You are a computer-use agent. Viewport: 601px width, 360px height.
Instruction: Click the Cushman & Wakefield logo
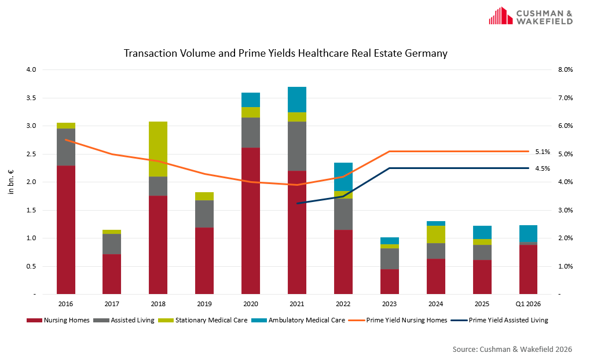click(530, 16)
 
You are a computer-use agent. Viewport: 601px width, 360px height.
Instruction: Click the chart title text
click(285, 53)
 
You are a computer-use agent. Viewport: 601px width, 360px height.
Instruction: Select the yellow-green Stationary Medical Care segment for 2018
click(158, 149)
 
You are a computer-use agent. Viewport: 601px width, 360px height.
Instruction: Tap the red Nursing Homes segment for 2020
click(251, 220)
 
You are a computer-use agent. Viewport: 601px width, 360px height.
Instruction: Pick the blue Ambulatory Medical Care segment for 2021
click(297, 100)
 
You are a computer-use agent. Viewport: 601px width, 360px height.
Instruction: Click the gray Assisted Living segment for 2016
click(65, 147)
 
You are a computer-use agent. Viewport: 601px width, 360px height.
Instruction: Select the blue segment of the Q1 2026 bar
click(528, 233)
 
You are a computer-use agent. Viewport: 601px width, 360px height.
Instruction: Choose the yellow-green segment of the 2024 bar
click(436, 234)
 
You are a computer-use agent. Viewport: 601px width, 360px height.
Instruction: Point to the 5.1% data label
click(543, 152)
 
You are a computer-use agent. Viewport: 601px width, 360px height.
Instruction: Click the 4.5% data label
click(543, 168)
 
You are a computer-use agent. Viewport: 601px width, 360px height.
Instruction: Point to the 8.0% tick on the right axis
click(564, 69)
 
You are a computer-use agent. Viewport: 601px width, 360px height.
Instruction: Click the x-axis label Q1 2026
click(528, 303)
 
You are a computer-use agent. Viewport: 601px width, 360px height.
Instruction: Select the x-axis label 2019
click(204, 303)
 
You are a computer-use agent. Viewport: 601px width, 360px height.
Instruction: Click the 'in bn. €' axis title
click(11, 182)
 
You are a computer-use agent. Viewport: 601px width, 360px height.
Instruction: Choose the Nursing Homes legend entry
click(58, 320)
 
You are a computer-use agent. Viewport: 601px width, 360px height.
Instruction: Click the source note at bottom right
click(512, 349)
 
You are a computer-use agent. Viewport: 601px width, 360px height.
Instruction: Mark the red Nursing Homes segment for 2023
click(390, 281)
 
